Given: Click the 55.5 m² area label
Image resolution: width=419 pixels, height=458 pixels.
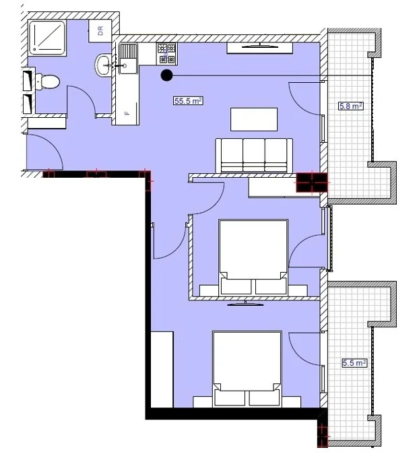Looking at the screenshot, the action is pos(188,101).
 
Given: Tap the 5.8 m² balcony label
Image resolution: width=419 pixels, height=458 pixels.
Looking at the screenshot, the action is pos(351,106).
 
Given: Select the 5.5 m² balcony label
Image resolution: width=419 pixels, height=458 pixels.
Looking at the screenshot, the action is pos(354,363).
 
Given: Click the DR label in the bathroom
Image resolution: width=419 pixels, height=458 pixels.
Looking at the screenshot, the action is pos(100,31).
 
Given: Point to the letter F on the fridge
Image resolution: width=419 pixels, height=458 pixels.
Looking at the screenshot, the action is pos(127,113).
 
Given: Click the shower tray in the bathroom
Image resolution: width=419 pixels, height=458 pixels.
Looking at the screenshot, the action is pos(47,38).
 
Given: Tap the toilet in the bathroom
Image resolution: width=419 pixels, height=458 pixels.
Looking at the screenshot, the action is pos(47,81).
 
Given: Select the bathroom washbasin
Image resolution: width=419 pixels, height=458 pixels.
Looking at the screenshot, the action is pos(102,65).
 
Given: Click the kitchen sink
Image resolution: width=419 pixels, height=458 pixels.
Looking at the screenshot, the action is pos(128,59).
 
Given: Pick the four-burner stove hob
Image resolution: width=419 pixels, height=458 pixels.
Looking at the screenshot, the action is pos(167,54).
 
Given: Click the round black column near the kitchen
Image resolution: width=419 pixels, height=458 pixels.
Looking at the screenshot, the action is pos(166,75).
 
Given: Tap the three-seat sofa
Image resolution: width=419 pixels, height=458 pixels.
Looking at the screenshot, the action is pos(254,156).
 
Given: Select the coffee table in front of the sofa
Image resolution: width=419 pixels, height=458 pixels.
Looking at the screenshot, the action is pos(254,119).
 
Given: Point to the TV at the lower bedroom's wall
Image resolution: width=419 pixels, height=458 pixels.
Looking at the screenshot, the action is pos(245,304).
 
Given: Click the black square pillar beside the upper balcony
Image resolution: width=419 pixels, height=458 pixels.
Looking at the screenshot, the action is pos(312,183).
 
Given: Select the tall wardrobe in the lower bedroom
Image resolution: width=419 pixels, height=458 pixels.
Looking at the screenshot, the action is pos(162,369).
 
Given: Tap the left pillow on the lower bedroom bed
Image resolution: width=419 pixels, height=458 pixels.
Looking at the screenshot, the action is pos(230,398).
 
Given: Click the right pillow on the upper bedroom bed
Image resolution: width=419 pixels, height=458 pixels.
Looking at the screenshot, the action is pos(271,286).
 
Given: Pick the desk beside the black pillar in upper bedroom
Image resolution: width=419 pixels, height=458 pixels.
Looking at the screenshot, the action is pos(272,188).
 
